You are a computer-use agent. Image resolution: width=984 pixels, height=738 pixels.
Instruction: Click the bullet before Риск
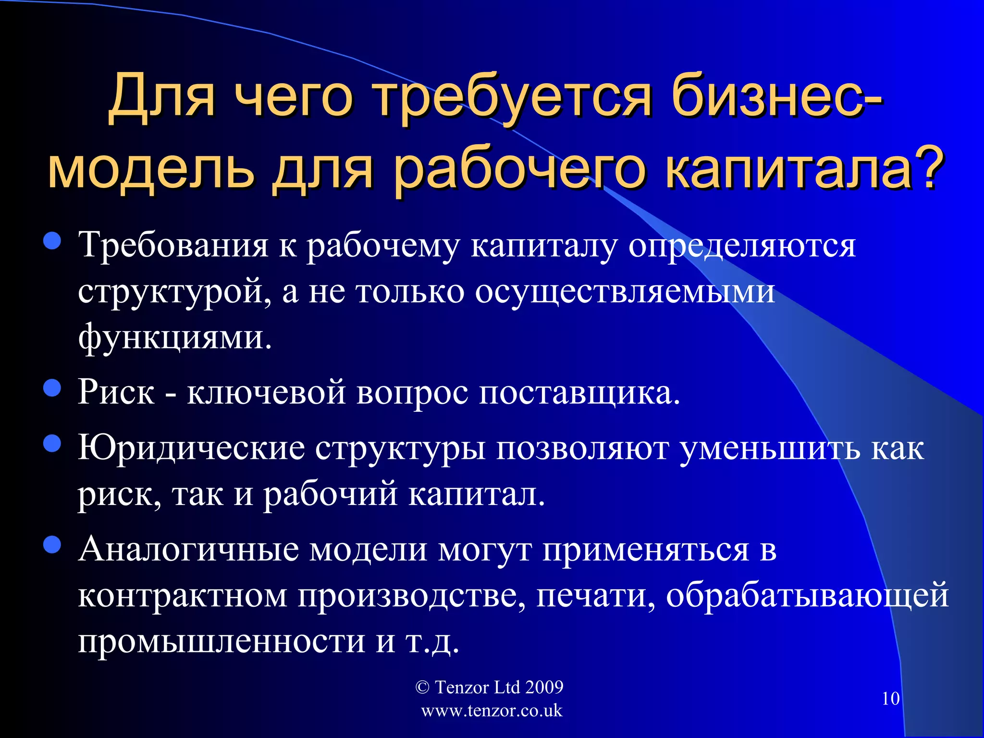point(52,388)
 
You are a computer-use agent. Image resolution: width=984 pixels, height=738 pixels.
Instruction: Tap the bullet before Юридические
point(52,444)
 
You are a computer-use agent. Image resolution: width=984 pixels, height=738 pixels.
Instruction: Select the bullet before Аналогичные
point(52,545)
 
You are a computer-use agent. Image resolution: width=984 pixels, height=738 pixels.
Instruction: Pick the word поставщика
point(579,392)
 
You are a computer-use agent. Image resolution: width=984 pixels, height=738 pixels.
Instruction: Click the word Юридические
point(192,448)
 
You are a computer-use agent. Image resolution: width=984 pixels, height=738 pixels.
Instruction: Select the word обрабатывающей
point(807,595)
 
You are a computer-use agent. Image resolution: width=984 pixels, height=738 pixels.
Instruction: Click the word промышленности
point(221,641)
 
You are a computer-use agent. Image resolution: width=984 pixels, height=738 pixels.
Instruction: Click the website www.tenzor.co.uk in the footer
point(491,711)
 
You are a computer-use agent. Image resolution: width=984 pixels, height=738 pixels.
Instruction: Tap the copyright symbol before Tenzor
point(422,688)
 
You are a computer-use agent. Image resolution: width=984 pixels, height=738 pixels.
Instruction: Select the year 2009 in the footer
point(544,688)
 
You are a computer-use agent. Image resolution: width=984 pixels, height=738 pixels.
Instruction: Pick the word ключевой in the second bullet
point(266,392)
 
